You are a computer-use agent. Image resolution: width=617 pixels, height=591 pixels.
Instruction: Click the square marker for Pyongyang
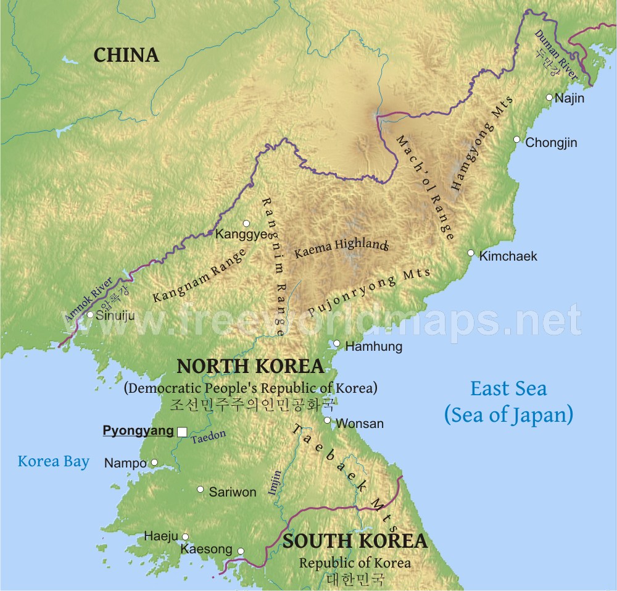coord(182,432)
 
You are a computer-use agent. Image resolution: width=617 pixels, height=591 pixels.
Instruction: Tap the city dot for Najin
coord(549,97)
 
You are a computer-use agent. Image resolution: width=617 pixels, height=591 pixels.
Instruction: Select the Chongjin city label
coord(551,143)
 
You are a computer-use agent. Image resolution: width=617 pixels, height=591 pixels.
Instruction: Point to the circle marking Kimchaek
coord(471,253)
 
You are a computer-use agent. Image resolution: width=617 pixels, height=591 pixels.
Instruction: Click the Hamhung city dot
coord(337,344)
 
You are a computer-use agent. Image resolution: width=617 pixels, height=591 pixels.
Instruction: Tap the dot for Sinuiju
coord(90,315)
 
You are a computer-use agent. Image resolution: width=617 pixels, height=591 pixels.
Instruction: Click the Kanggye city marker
coord(246,223)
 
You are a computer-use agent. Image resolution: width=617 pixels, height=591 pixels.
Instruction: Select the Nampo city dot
coord(154,462)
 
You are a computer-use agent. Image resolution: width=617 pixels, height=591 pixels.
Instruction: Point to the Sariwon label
coord(232,492)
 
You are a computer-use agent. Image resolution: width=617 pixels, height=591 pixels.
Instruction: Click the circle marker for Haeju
coord(185,537)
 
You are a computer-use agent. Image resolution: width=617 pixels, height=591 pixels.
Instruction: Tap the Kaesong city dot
coord(241,551)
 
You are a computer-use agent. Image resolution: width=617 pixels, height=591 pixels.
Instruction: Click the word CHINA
coord(126,55)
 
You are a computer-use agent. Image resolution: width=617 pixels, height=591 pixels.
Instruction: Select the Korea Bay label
coord(54,461)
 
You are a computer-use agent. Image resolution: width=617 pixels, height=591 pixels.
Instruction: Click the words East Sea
coord(508,388)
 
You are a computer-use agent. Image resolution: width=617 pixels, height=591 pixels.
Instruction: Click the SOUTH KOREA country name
coord(355,541)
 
